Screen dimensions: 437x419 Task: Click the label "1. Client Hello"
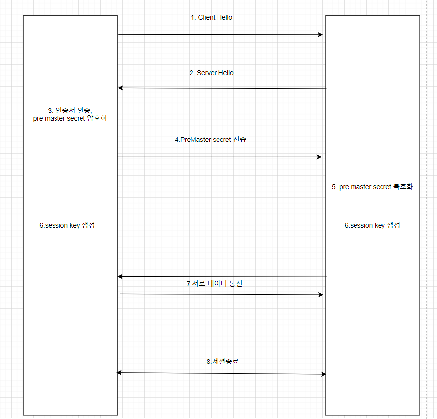tap(211, 17)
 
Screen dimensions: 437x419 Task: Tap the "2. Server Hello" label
tap(211, 73)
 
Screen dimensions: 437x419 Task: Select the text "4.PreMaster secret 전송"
tap(210, 140)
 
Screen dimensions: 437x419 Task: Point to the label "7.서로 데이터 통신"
tap(214, 284)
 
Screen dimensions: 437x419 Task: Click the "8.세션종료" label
tap(222, 361)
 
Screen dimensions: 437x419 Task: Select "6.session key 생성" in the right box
tap(372, 225)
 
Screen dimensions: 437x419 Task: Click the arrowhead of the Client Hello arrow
tap(320, 35)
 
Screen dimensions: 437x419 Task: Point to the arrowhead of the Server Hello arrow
tap(121, 88)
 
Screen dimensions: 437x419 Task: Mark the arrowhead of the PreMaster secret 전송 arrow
tap(319, 157)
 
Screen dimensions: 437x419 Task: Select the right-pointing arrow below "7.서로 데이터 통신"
tap(221, 294)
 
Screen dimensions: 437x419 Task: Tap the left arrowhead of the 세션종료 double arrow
tap(119, 373)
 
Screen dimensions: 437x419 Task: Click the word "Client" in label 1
tap(207, 17)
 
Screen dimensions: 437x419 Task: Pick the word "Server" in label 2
tap(207, 73)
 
